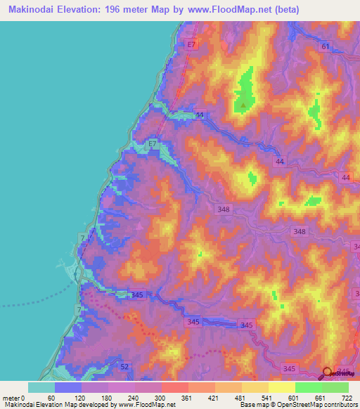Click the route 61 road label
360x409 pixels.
(324, 46)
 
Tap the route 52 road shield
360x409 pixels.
(106, 368)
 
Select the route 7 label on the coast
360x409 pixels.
(83, 240)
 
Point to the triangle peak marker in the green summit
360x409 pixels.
(243, 105)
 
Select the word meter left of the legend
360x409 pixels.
(10, 398)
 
